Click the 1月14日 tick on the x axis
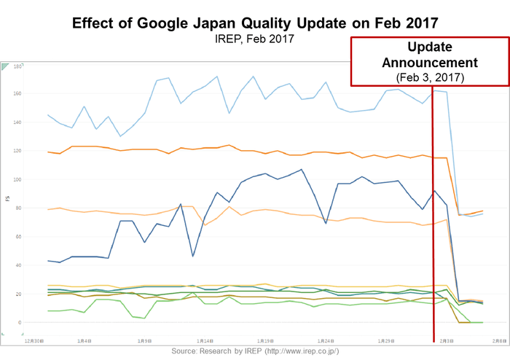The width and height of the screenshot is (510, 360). point(204,340)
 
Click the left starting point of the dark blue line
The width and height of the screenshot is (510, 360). point(47,261)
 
